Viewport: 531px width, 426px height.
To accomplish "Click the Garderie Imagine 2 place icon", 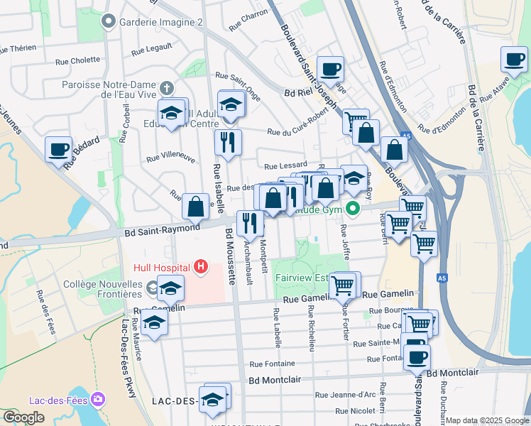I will coord(109,22).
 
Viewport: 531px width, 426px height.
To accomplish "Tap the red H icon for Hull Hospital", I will coord(202,267).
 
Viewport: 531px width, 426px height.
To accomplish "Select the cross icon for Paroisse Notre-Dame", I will coord(167,89).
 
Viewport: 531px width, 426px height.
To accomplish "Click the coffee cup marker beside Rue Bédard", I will coord(59,150).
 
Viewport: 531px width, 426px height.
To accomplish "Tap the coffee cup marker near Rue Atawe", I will coord(514,60).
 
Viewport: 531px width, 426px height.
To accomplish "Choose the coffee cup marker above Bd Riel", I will coord(330,70).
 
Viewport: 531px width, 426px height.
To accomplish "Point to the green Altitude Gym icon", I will coord(353,209).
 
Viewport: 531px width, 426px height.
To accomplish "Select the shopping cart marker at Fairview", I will coord(343,285).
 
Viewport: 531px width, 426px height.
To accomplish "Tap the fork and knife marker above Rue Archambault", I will coord(250,224).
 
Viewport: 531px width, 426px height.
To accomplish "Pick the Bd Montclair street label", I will coord(277,380).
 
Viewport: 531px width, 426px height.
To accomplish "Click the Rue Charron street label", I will coord(248,23).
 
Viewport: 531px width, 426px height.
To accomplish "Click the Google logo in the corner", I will coord(23,417).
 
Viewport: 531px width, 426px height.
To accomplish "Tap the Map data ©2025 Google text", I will coord(487,421).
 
